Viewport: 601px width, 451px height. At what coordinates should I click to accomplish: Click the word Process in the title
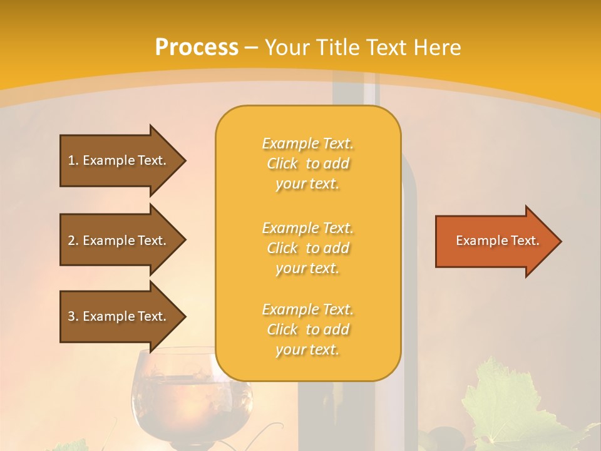coord(197,48)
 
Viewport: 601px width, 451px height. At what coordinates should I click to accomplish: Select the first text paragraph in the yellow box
coord(307,163)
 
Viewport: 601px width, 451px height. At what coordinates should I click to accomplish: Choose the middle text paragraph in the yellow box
coord(307,248)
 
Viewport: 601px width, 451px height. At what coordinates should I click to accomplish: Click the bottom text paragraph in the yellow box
coord(307,329)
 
